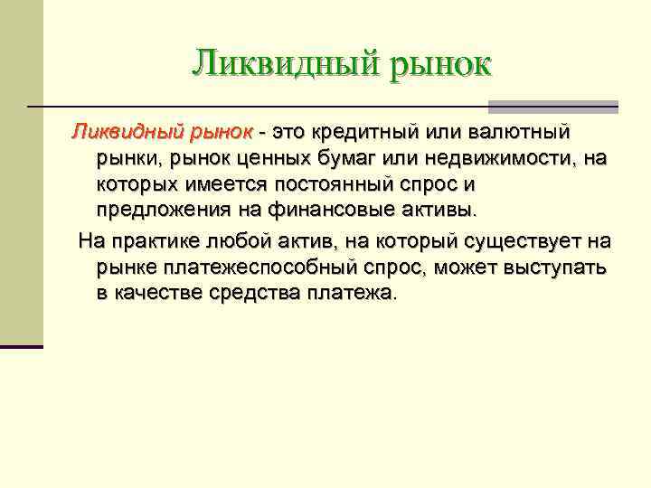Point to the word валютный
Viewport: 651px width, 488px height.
(x=519, y=133)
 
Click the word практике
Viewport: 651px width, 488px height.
(x=158, y=242)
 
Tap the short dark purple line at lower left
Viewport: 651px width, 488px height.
(x=22, y=346)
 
